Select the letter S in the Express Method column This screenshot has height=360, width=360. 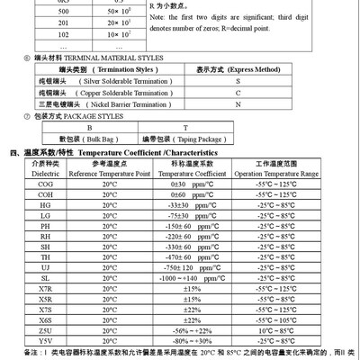pos(238,80)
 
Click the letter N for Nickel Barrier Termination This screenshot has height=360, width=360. pos(238,104)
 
